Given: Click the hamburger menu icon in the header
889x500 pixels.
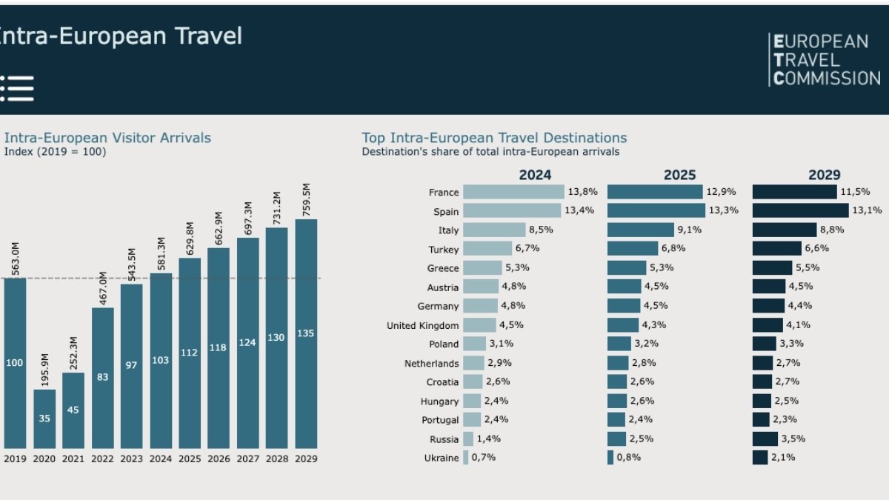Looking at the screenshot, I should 17,88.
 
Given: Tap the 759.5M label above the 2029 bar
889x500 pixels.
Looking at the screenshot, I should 306,199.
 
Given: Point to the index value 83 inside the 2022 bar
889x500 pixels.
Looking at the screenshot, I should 102,377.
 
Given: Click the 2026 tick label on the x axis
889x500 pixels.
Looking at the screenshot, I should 219,459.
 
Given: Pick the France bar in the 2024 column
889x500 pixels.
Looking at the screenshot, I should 513,192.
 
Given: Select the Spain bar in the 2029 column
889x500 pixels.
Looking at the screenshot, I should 800,211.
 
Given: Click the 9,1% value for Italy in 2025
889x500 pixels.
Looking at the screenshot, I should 689,230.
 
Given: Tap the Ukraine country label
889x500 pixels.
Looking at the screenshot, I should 442,458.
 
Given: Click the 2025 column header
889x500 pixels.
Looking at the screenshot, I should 679,175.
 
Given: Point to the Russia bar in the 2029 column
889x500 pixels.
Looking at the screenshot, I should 765,439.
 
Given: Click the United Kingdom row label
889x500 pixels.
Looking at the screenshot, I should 422,325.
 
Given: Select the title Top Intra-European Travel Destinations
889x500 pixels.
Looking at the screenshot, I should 494,138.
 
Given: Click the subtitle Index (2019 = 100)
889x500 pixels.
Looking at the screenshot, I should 55,152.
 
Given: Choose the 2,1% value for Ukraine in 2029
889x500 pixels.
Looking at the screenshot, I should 782,458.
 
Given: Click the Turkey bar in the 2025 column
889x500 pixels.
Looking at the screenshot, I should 633,249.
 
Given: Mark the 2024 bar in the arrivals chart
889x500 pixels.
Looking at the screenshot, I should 161,361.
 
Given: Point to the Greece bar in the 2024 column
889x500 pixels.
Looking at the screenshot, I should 482,268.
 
